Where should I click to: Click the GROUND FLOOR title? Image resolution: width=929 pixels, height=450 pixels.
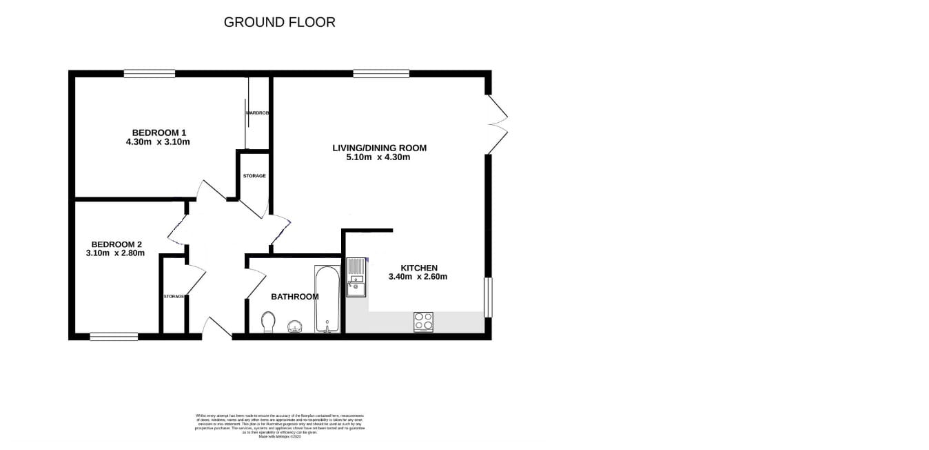tap(279, 22)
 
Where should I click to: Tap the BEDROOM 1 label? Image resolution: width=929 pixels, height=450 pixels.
tap(159, 133)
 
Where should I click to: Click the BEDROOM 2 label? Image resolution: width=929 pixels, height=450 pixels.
tap(116, 244)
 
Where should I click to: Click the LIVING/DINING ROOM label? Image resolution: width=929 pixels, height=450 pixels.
tap(379, 148)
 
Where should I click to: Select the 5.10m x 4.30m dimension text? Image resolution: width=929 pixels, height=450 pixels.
tap(378, 157)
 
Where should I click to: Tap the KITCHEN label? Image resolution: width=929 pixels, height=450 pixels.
tap(419, 268)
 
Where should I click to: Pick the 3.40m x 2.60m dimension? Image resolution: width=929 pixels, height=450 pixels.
tap(419, 277)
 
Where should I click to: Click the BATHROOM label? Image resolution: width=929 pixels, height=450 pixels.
tap(294, 297)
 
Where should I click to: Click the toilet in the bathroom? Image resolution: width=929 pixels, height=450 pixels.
tap(269, 322)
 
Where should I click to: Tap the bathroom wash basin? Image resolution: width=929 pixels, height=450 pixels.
tap(294, 326)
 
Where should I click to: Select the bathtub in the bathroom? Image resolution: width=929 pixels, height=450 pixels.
tap(327, 299)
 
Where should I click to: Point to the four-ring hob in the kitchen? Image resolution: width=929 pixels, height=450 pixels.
tap(423, 322)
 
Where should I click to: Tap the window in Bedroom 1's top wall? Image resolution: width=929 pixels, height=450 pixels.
tap(150, 73)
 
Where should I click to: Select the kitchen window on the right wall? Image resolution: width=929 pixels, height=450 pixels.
tap(488, 297)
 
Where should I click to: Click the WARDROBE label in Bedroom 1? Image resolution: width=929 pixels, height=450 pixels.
tap(257, 112)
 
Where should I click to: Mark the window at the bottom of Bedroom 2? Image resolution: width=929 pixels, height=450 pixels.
tap(114, 337)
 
